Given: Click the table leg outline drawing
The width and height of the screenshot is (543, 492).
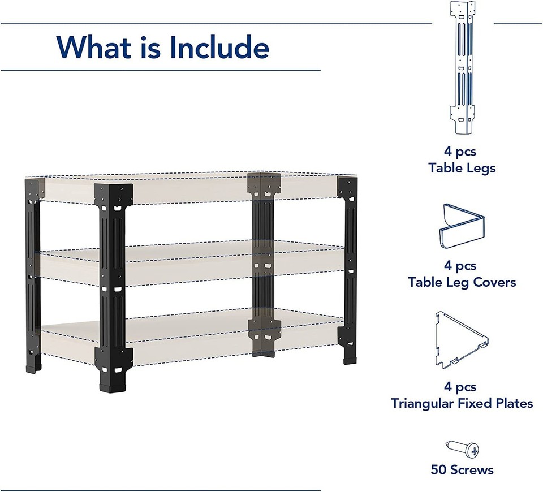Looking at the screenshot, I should [x=463, y=68].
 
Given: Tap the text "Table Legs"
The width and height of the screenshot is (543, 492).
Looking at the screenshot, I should [x=462, y=168].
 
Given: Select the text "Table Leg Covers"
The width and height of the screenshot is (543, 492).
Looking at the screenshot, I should [x=462, y=282].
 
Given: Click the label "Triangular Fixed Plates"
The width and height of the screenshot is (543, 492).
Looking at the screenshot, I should [x=462, y=403].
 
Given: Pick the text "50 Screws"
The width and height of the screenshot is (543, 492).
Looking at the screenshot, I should [x=462, y=470].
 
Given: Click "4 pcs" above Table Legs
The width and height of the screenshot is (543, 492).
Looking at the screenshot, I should [x=460, y=152].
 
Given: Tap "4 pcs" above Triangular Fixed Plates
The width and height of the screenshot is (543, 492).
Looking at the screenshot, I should [x=460, y=387].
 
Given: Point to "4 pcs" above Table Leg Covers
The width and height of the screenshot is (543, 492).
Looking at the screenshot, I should [x=460, y=265].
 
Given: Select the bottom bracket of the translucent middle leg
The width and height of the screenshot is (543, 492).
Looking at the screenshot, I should [x=264, y=334].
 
